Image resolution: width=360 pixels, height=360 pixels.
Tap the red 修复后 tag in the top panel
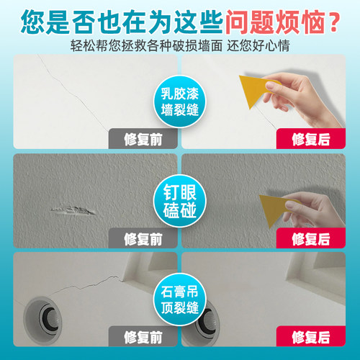coord(312,138)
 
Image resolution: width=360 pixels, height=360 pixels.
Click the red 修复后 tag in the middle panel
coord(312,238)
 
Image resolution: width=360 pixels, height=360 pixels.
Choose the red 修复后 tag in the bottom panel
coord(312,336)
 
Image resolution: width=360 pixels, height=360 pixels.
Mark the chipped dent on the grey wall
coord(72,211)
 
